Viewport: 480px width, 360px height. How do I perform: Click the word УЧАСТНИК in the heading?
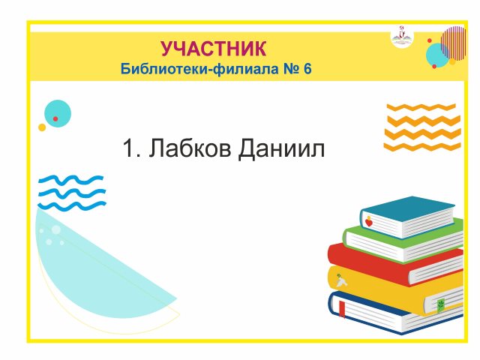(x=213, y=48)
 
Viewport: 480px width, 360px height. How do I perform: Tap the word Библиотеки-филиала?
(x=199, y=68)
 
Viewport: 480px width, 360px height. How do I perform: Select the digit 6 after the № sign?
(x=307, y=68)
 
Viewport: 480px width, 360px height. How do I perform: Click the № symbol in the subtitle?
(x=292, y=68)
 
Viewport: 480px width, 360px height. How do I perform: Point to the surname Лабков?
(x=190, y=148)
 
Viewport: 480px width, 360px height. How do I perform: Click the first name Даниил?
(x=282, y=148)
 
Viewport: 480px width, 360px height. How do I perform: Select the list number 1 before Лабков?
(x=128, y=148)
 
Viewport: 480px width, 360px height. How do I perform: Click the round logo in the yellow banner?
(x=402, y=37)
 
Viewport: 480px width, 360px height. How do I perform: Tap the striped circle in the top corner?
(x=454, y=43)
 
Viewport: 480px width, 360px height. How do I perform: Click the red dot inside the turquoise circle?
(x=55, y=118)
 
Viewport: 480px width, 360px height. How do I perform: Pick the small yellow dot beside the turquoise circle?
(x=42, y=127)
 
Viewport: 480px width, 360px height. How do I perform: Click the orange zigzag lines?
(x=422, y=127)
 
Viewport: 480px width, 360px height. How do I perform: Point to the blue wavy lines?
(x=72, y=193)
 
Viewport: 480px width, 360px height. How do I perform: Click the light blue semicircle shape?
(x=91, y=275)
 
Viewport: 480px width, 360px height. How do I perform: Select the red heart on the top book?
(x=369, y=222)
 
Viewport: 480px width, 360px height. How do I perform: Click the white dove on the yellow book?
(x=341, y=280)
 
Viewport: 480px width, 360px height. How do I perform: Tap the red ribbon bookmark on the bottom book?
(x=342, y=309)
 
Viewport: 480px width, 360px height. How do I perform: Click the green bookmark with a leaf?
(x=440, y=305)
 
